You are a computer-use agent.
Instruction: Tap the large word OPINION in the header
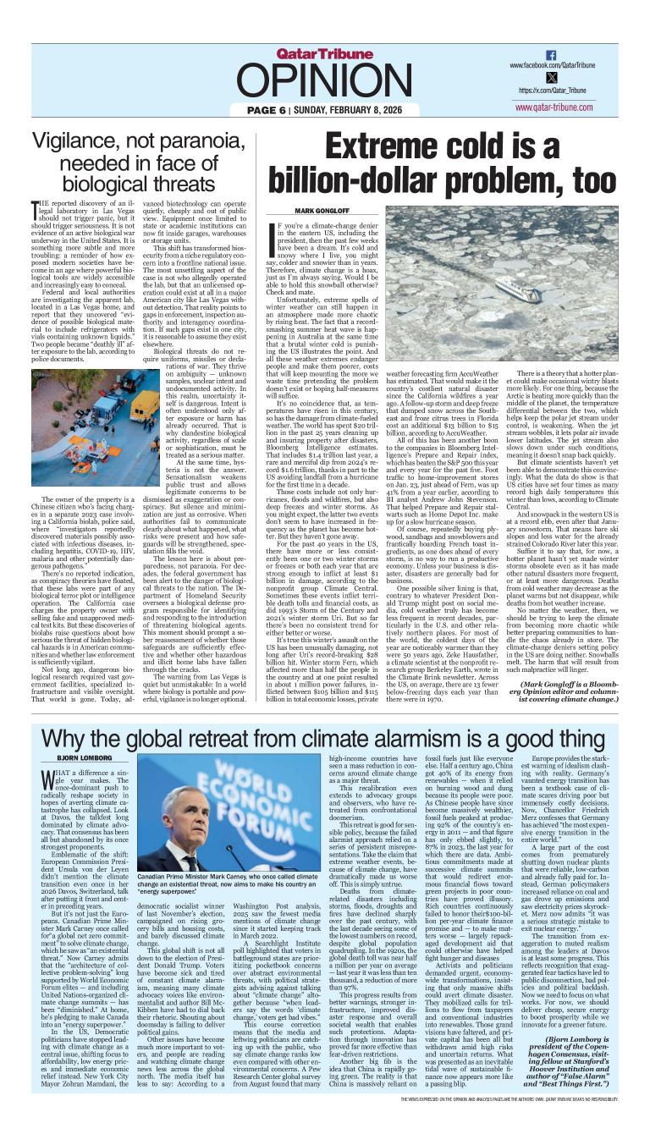coord(324,82)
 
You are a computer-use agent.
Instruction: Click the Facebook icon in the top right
coord(552,54)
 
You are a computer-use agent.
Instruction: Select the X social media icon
coord(552,77)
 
